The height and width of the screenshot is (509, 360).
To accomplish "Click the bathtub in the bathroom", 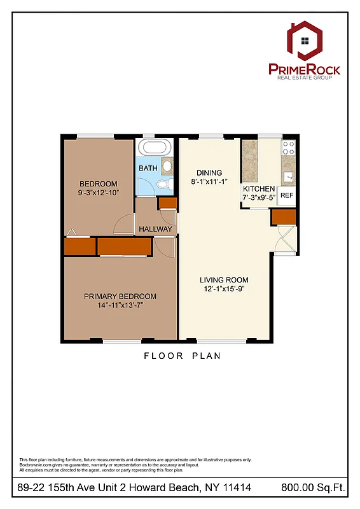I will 155,148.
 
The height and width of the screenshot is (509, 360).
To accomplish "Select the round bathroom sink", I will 167,167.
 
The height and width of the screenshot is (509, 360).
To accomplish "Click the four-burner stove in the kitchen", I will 288,148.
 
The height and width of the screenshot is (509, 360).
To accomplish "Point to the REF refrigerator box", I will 287,196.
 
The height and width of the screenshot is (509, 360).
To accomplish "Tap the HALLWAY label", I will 155,229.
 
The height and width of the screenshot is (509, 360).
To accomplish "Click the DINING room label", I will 209,172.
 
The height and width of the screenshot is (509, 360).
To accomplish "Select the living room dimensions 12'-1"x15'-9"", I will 224,289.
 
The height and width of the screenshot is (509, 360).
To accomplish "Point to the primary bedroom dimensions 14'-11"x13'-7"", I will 120,305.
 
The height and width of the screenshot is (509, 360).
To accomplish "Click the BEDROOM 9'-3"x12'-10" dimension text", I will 99,192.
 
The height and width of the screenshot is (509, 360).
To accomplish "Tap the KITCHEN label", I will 259,189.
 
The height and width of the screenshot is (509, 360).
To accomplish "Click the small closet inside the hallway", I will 167,204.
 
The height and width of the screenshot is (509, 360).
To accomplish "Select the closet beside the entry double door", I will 284,217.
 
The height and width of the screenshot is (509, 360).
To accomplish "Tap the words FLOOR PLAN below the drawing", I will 182,356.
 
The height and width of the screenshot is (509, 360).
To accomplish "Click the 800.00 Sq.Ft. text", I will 312,488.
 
